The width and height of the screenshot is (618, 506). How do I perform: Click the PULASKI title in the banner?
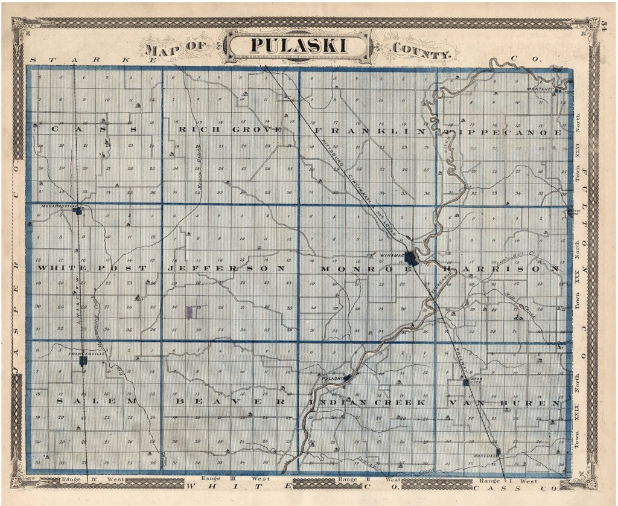(300, 46)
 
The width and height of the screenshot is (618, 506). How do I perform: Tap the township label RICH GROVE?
(230, 129)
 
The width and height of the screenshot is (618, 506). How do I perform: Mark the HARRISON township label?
(501, 267)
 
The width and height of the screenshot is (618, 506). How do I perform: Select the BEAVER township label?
(230, 401)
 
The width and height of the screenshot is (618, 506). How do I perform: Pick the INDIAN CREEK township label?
(368, 402)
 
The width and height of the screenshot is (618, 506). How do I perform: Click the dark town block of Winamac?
(412, 258)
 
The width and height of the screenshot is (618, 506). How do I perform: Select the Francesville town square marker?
(83, 360)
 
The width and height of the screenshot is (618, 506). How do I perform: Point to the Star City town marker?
(465, 382)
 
